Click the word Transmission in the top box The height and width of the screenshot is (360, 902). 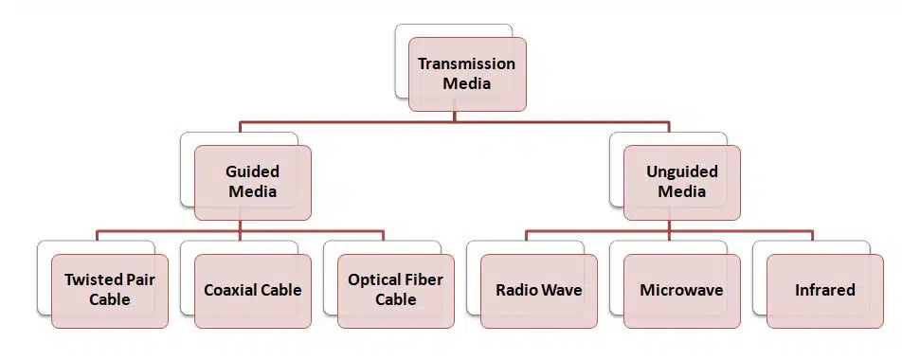pos(466,63)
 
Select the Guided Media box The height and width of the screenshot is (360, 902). pos(253,183)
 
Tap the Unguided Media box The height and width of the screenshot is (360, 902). pos(681,183)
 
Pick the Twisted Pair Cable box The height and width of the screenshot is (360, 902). pos(110,291)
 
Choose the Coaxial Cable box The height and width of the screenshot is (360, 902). pos(253,291)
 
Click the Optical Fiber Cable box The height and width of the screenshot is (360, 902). pos(396,291)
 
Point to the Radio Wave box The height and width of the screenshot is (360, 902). pos(539,291)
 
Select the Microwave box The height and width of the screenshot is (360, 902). pos(681,291)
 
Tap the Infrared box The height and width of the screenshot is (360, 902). pos(825,291)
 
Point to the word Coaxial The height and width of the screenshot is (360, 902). pos(228,290)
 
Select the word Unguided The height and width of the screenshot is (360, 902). pos(681,172)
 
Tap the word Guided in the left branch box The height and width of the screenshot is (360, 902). pos(253,171)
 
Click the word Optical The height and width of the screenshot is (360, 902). pos(374,280)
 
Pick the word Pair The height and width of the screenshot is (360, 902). pos(140,280)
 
